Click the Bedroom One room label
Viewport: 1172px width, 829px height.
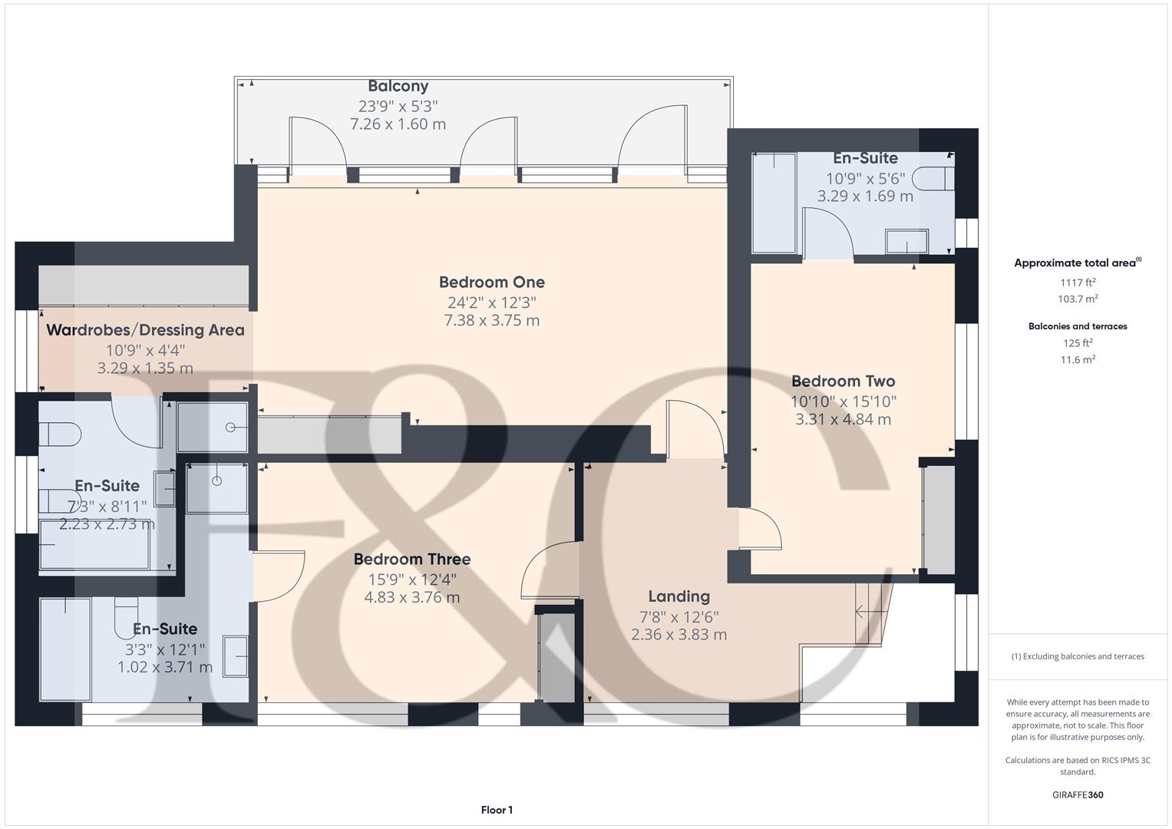click(492, 282)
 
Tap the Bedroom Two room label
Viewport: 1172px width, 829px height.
click(843, 381)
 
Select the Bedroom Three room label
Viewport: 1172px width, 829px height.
click(412, 559)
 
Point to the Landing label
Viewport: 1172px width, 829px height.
click(679, 596)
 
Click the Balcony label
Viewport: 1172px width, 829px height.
click(398, 86)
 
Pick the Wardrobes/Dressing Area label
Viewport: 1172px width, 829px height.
click(146, 330)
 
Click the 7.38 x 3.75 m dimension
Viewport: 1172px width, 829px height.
click(492, 320)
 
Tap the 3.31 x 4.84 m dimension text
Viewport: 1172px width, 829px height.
click(843, 419)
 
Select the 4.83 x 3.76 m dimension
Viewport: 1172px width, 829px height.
click(412, 597)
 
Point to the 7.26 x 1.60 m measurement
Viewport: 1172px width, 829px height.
click(398, 124)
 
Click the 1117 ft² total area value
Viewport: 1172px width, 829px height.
click(1078, 282)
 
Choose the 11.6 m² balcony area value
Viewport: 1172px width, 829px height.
click(1078, 359)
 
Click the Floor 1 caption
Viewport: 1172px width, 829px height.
click(497, 810)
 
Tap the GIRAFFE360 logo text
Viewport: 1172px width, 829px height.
click(1078, 794)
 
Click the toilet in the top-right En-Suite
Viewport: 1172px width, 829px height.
click(933, 179)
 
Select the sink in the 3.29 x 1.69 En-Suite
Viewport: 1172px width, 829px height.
click(906, 241)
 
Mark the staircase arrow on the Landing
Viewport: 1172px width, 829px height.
click(868, 611)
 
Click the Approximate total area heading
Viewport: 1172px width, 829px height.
click(1078, 263)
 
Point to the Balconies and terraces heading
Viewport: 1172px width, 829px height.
click(1078, 326)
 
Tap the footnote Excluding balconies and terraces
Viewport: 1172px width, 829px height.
click(1078, 656)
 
